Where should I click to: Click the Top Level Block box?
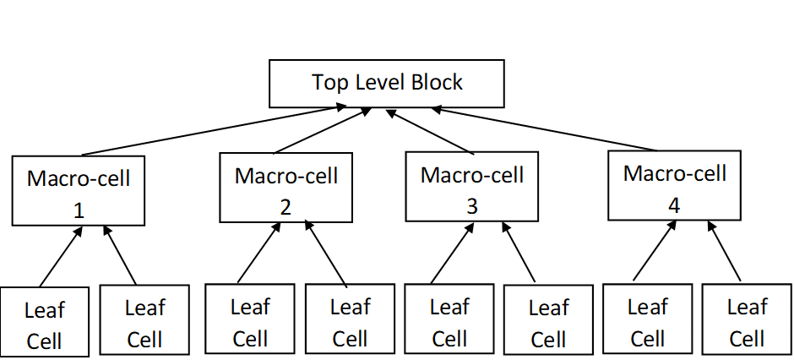pos(386,84)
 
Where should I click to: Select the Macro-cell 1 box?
pos(78,190)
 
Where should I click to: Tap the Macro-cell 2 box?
pos(286,188)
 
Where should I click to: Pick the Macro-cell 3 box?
pos(472,186)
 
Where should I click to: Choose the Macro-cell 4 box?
pos(675,185)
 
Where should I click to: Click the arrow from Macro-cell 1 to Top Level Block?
pos(214,130)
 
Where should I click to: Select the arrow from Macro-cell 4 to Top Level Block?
pos(544,128)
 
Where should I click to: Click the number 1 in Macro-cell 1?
pos(79,210)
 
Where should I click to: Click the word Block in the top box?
pos(437,82)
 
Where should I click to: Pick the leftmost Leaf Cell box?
pos(45,322)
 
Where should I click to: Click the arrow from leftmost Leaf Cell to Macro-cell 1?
pos(61,256)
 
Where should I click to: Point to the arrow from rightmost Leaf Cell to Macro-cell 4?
pos(724,251)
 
